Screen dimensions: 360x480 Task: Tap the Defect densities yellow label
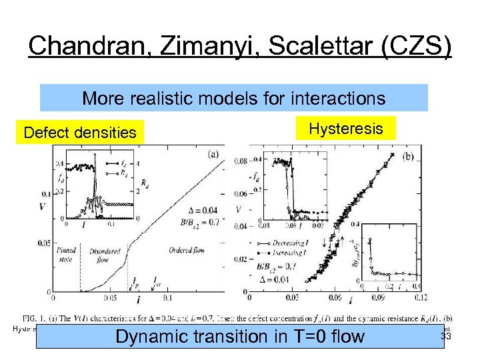click(79, 133)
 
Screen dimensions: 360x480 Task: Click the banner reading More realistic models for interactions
click(233, 99)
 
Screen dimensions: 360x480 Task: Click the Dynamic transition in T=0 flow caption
click(240, 337)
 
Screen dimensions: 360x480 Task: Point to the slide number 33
click(446, 337)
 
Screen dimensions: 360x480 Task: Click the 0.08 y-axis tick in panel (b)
click(239, 161)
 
